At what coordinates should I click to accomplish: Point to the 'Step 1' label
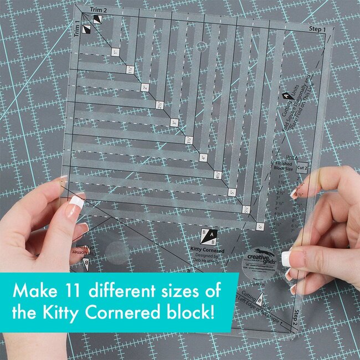point(317,28)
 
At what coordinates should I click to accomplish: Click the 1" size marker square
point(115,52)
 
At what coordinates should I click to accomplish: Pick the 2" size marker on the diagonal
point(145,87)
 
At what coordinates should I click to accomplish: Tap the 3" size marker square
point(174,122)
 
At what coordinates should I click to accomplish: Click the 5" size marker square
point(232,193)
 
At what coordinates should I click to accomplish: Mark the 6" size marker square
point(260,227)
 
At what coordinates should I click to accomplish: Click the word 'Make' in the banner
point(36,290)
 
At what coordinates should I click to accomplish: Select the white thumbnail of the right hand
point(286,258)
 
